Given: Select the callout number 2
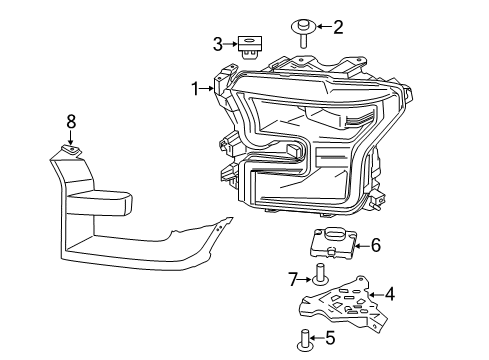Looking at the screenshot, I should (337, 27).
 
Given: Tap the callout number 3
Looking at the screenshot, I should (217, 43).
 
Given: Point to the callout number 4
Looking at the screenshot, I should (390, 294).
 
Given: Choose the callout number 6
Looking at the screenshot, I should (375, 244).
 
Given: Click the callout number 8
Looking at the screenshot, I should (71, 121).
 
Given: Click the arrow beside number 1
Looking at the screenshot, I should (209, 89).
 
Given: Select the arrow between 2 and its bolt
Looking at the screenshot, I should (320, 28).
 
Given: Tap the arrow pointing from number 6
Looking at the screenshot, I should (360, 244).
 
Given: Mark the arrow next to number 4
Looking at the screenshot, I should (375, 294).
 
